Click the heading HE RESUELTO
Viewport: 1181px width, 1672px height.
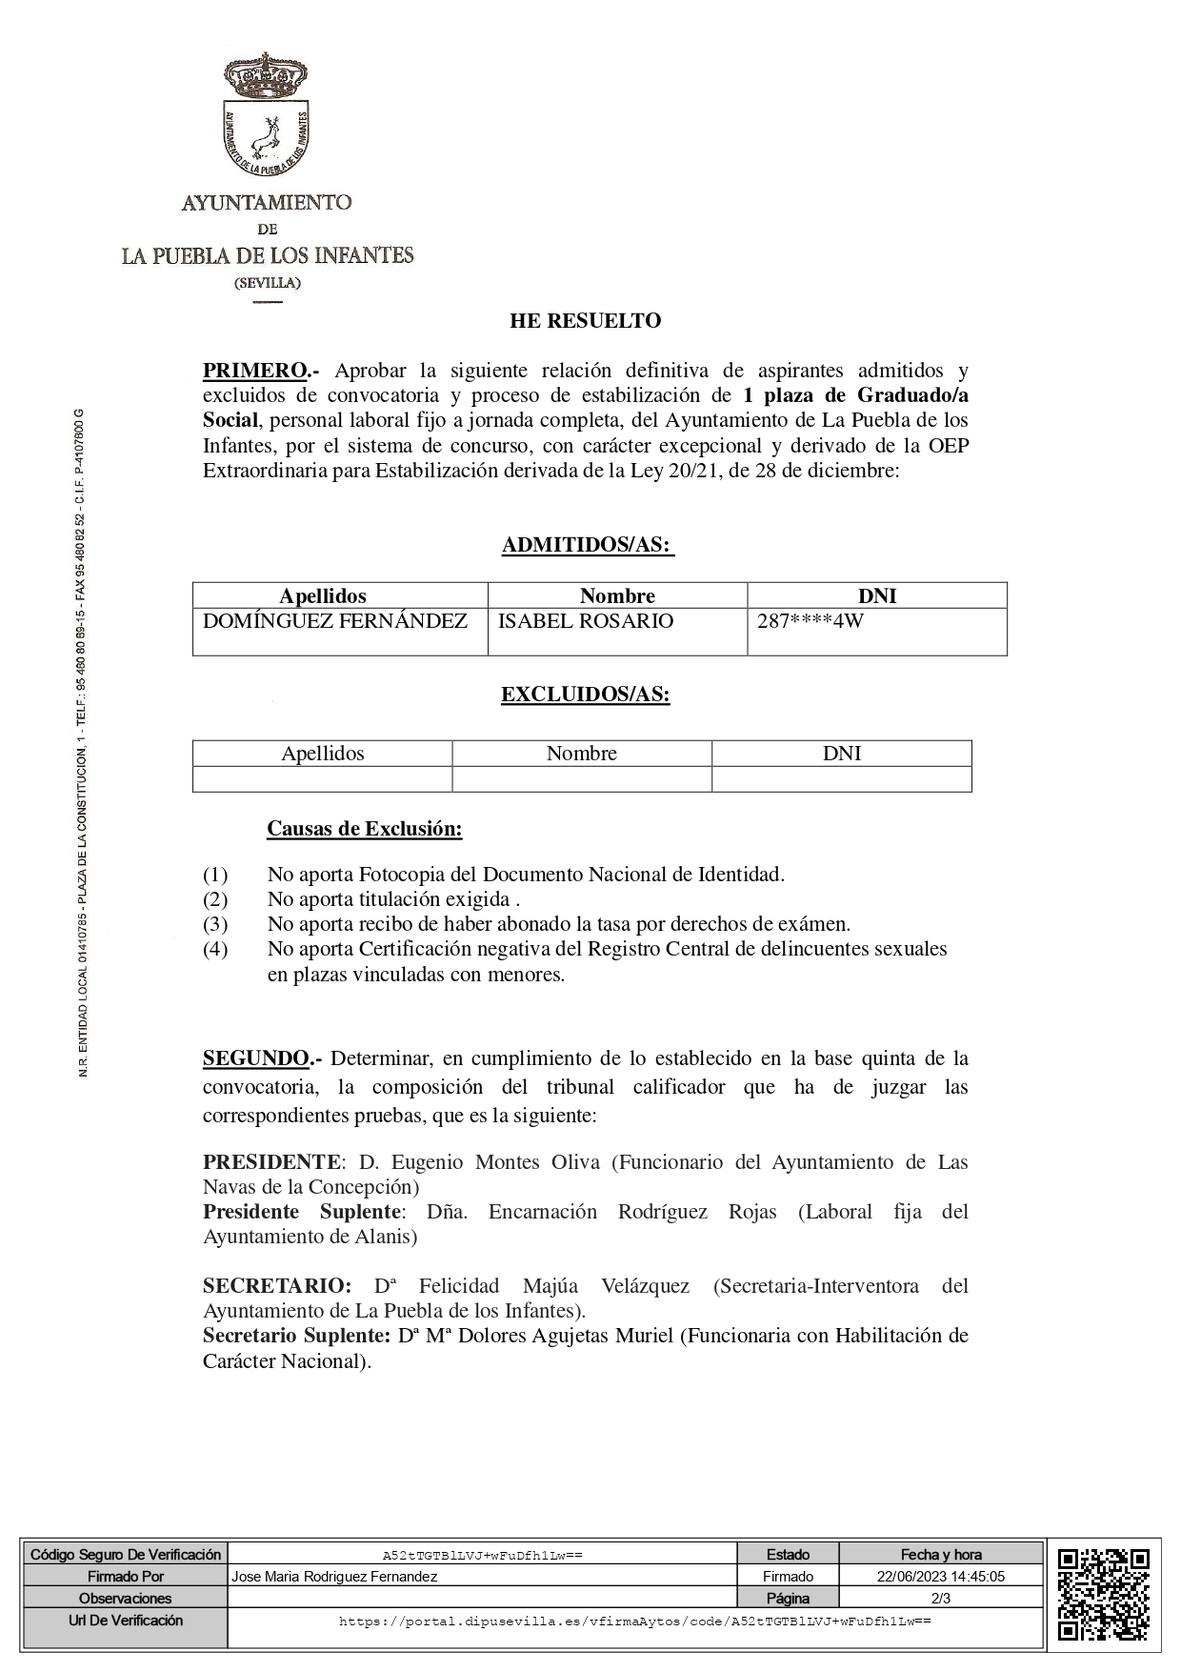pyautogui.click(x=585, y=321)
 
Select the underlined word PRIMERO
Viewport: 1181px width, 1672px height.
pyautogui.click(x=255, y=371)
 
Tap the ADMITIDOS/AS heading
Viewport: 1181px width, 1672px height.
pyautogui.click(x=588, y=546)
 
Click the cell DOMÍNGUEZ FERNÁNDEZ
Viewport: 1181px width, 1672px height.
pyautogui.click(x=335, y=621)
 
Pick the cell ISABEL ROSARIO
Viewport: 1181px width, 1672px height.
pyautogui.click(x=586, y=621)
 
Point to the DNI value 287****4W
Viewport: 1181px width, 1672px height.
pyautogui.click(x=811, y=622)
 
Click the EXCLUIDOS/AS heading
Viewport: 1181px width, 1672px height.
pyautogui.click(x=586, y=695)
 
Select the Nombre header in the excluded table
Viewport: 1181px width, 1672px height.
pyautogui.click(x=582, y=754)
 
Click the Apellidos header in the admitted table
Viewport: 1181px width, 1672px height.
pyautogui.click(x=323, y=596)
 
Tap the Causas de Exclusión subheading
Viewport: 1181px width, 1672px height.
pyautogui.click(x=365, y=829)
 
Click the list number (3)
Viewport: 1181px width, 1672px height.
pyautogui.click(x=215, y=924)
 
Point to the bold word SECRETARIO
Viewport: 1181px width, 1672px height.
pyautogui.click(x=276, y=1286)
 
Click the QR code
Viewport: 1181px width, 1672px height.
pyautogui.click(x=1103, y=1599)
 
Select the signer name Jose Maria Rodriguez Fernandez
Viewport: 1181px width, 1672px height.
pyautogui.click(x=334, y=1577)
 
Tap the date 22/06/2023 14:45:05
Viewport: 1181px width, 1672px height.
pyautogui.click(x=942, y=1577)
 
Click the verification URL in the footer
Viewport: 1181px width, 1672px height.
pyautogui.click(x=635, y=1621)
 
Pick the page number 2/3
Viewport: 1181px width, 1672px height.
pyautogui.click(x=941, y=1598)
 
